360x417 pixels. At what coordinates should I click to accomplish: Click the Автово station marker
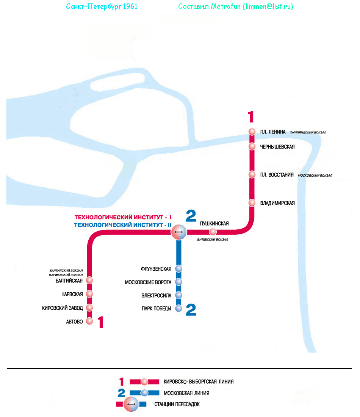[89, 321]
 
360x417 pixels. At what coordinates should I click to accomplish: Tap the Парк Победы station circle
[179, 308]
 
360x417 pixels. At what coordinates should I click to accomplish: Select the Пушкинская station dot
[213, 232]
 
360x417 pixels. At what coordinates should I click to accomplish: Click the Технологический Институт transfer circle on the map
[179, 232]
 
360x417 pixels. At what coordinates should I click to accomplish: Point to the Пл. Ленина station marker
[252, 132]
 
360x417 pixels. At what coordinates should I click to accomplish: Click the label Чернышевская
[277, 147]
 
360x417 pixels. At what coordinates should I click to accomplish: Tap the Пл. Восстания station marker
[252, 175]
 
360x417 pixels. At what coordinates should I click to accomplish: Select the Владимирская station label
[277, 203]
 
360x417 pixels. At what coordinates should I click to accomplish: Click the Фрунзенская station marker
[179, 269]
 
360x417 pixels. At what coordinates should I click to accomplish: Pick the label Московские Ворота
[148, 282]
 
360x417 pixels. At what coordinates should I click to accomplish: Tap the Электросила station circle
[179, 295]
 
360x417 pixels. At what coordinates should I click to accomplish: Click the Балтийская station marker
[89, 281]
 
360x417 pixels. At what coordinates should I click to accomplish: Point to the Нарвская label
[72, 294]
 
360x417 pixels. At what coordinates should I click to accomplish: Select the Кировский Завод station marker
[89, 308]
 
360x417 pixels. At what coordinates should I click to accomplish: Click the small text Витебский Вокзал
[213, 240]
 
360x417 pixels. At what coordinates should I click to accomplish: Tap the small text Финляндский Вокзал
[308, 133]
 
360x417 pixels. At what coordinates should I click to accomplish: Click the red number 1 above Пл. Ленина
[250, 117]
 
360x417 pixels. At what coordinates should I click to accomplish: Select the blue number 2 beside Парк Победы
[191, 310]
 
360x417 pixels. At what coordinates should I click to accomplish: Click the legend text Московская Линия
[186, 393]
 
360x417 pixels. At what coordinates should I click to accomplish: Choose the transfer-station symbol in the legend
[131, 404]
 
